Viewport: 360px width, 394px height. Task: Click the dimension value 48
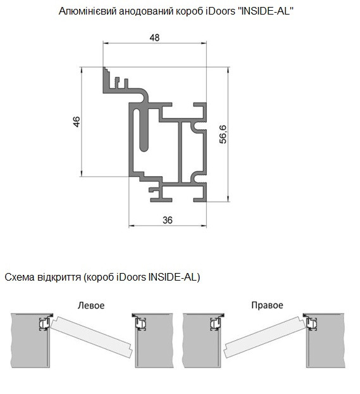click(x=154, y=38)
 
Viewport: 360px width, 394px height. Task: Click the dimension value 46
click(x=77, y=122)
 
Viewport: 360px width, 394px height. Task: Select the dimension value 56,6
click(x=223, y=134)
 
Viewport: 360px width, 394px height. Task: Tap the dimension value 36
click(x=168, y=220)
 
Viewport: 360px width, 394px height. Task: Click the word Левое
click(x=91, y=305)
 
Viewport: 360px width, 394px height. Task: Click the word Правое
click(x=267, y=305)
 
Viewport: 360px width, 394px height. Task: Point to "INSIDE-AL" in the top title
click(x=266, y=11)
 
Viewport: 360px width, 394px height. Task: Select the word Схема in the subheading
click(x=20, y=277)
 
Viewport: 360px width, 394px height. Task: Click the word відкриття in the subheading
click(x=59, y=277)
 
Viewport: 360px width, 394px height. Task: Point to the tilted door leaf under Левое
click(x=92, y=337)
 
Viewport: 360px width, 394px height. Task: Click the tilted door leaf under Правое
click(x=265, y=337)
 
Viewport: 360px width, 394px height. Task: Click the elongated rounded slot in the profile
click(x=144, y=130)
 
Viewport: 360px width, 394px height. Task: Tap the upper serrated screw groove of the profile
click(x=199, y=125)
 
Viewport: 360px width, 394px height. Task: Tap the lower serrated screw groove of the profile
click(x=199, y=177)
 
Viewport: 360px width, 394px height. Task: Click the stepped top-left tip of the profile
click(x=104, y=68)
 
